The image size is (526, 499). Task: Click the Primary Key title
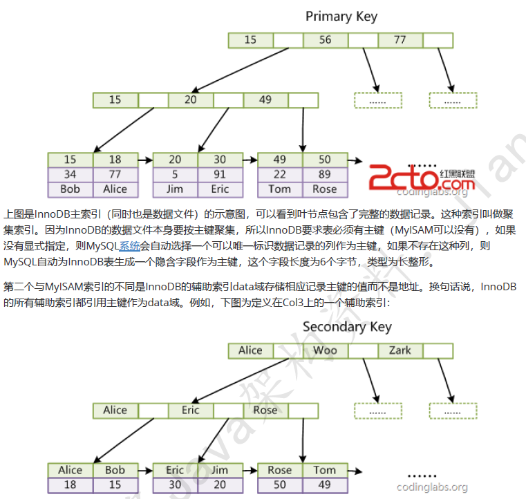pos(341,16)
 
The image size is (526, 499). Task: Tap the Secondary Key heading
pos(347,326)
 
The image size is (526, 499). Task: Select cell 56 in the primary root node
pos(325,40)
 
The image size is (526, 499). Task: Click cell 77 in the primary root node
pos(400,40)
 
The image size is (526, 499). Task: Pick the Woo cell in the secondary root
pos(325,350)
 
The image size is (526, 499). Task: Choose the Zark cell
pos(400,350)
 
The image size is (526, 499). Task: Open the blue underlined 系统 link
pos(129,245)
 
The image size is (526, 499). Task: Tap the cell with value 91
pos(220,174)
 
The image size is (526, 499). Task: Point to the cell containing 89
pos(324,174)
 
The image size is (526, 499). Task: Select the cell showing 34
pos(70,174)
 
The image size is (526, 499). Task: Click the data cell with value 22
pos(279,174)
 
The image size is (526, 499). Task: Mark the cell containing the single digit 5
pos(175,174)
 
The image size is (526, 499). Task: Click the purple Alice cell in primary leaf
pos(115,189)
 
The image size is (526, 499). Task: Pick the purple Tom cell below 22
pos(279,189)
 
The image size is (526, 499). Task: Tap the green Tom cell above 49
pos(324,470)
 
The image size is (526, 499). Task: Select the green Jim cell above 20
pos(220,470)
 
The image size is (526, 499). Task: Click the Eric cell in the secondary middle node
pos(190,410)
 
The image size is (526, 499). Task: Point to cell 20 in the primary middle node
pos(190,100)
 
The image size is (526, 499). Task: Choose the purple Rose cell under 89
pos(324,189)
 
